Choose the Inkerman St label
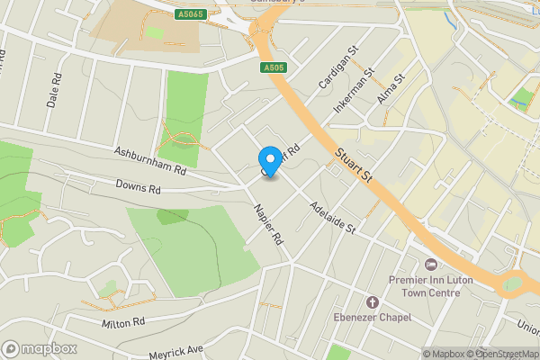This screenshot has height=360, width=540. click(352, 94)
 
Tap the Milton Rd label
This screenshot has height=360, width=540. click(123, 322)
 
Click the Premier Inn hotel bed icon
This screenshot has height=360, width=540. click(429, 265)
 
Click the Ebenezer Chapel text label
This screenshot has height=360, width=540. click(370, 317)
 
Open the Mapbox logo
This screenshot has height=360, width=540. click(40, 347)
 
